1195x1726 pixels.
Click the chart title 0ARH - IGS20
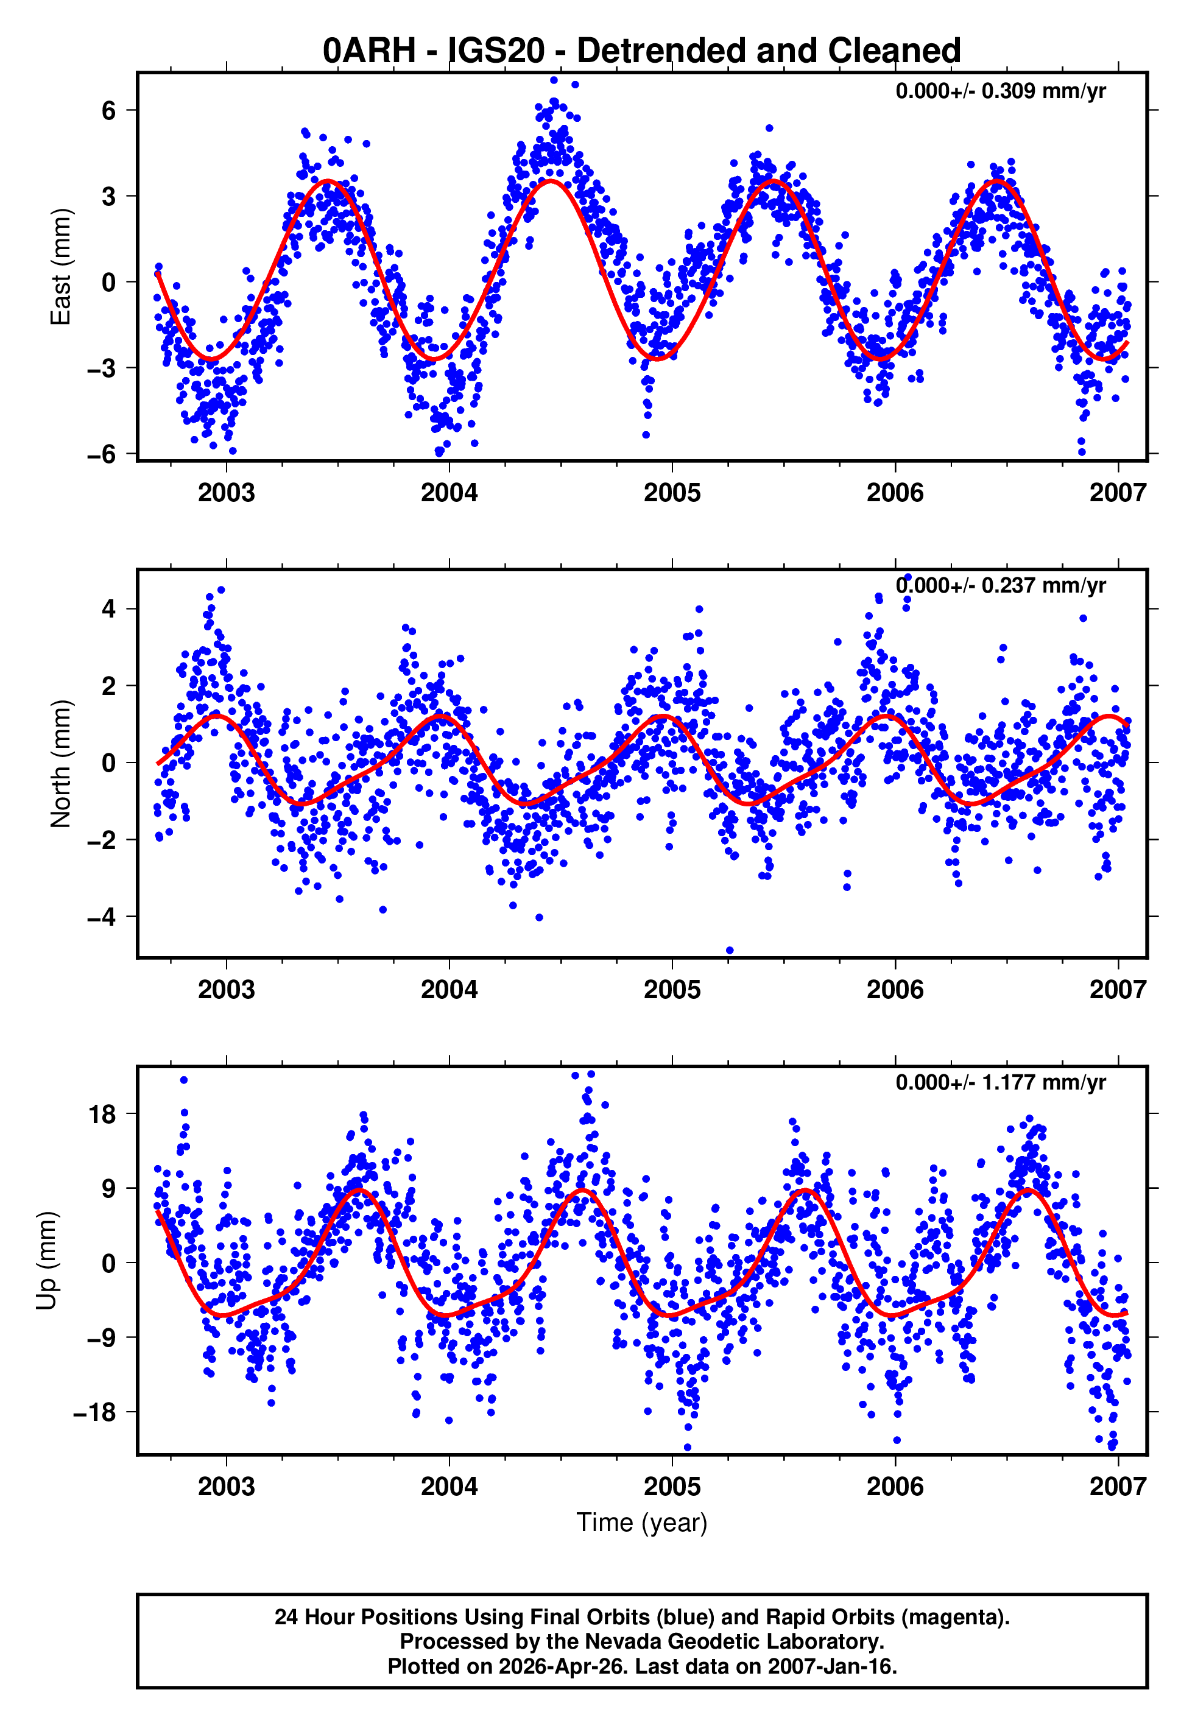point(642,50)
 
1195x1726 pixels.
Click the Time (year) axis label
point(642,1523)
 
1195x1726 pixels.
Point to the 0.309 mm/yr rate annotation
point(1000,91)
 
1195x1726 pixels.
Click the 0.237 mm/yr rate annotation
point(1000,585)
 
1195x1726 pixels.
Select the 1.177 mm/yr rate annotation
point(1000,1082)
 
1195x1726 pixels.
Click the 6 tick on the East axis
point(109,111)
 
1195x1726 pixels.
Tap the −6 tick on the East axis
point(102,454)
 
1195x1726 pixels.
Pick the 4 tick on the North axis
point(109,608)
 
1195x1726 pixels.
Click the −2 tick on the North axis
point(102,840)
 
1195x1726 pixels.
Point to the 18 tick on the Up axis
point(102,1114)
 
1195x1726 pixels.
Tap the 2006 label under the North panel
point(895,990)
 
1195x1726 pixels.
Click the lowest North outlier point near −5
point(730,951)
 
